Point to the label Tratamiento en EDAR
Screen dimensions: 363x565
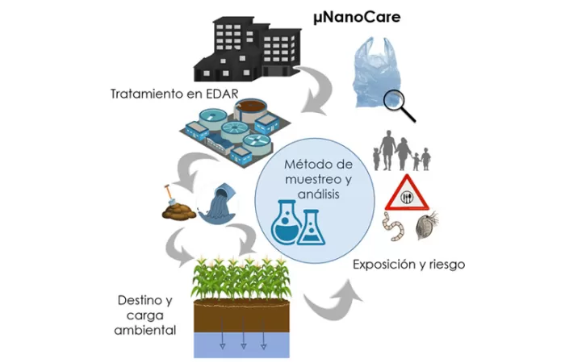click(174, 94)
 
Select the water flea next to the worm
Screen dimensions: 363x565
click(426, 228)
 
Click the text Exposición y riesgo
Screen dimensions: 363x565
click(408, 264)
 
